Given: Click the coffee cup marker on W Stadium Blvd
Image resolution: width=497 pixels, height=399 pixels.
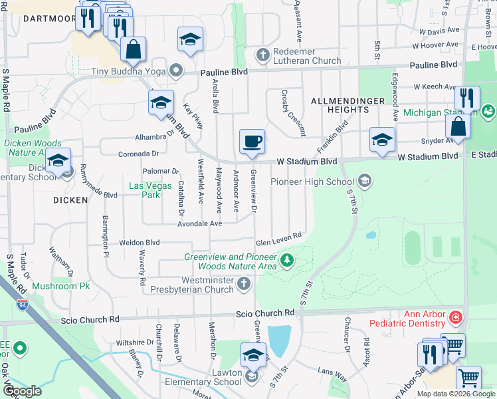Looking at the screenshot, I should point(252,142).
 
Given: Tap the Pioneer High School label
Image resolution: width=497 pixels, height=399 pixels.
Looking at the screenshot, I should point(312,182).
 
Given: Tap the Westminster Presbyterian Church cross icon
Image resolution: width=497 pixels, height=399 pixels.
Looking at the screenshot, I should point(243,285).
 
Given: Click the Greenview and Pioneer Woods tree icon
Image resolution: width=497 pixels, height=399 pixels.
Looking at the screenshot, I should point(286,260).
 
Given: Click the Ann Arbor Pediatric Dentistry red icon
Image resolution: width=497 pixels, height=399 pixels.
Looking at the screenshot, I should point(455,317).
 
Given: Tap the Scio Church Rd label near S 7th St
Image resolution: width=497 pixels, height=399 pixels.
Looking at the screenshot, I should point(265,313).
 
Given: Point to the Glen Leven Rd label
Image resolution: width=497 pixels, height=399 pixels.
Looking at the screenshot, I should point(279,235).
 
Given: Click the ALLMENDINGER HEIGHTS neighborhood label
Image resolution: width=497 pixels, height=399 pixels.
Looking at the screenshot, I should point(348,106).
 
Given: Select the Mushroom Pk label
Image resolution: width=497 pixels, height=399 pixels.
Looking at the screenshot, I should point(62,286).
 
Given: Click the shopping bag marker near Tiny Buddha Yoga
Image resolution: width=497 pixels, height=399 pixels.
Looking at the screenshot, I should point(133,49).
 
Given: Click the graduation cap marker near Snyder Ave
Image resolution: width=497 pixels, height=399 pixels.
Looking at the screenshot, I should point(382,140).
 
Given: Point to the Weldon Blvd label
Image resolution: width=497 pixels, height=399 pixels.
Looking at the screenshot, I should point(140,243).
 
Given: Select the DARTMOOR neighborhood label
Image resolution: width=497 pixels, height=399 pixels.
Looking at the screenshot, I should point(50,19).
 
